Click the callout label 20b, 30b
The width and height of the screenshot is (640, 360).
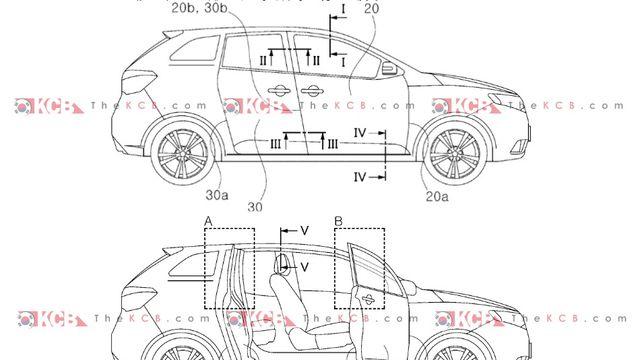coord(199,8)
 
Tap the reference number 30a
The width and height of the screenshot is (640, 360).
coord(217,195)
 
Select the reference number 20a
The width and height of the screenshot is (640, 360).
coord(437,197)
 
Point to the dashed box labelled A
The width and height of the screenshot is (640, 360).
coord(204,268)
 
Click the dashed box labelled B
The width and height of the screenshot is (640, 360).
coord(334,268)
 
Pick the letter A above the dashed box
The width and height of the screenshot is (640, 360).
coord(208,222)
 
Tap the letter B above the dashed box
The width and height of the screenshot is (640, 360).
coord(338,222)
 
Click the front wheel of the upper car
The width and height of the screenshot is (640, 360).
coord(454,154)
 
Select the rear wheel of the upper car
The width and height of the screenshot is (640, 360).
coord(182,154)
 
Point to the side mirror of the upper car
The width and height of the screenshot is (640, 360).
coord(390,68)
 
